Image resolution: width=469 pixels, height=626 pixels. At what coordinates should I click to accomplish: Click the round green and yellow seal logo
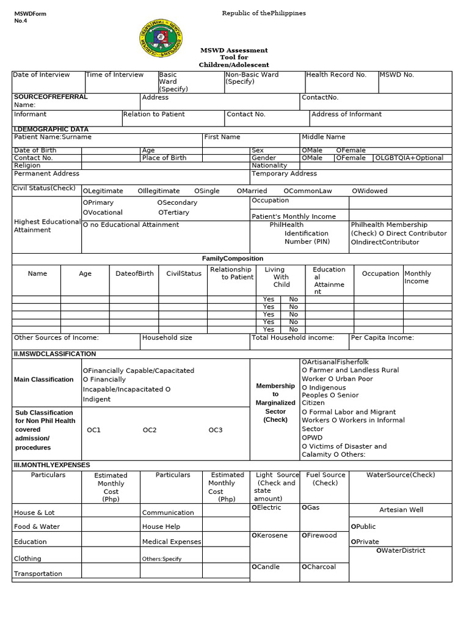161,38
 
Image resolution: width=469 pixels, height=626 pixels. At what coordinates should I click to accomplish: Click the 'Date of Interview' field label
42,75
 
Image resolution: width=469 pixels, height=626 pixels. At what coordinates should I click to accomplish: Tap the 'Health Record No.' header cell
336,75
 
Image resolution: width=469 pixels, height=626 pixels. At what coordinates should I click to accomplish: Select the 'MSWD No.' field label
396,75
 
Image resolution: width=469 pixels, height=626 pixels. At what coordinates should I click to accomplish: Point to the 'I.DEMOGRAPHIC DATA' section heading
51,130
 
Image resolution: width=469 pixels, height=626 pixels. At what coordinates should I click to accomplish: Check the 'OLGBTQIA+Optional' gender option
409,158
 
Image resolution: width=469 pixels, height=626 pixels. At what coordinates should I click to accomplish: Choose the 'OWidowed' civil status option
369,191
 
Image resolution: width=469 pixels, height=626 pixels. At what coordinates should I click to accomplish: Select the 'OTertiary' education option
173,213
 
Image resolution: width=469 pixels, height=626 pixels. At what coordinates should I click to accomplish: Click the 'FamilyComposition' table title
233,259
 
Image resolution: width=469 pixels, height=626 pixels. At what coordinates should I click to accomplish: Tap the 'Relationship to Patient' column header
230,273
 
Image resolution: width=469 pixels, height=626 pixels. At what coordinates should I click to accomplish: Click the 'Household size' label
167,337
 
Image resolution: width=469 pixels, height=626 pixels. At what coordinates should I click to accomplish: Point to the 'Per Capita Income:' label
382,337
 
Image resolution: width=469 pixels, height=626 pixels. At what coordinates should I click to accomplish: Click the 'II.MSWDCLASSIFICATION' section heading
54,354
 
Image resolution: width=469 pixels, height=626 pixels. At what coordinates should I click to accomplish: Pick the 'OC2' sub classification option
150,430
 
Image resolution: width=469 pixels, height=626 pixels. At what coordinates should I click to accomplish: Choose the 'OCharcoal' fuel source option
318,567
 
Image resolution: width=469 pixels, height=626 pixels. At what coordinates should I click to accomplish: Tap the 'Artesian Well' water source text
401,510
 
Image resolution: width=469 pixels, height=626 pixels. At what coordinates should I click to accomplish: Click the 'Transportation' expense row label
38,573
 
